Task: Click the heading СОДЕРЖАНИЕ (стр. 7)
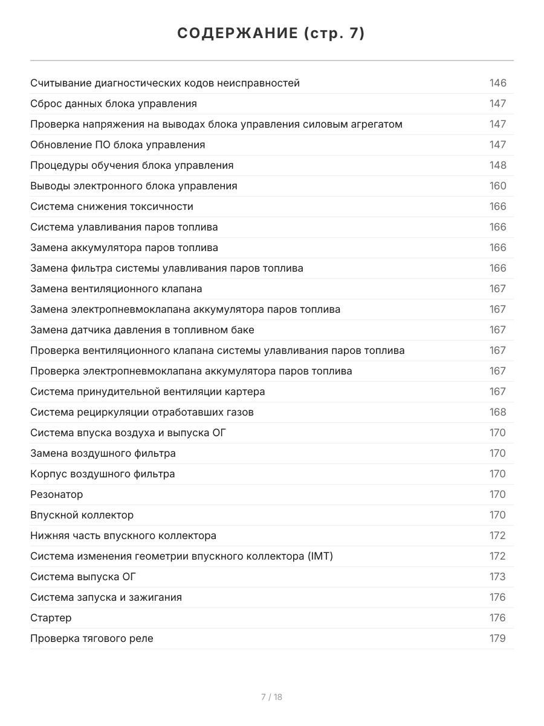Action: pos(271,34)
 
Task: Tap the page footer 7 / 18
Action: pos(271,697)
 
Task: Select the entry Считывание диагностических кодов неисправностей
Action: pos(165,83)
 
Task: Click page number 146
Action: pos(497,83)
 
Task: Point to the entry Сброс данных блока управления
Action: pos(114,103)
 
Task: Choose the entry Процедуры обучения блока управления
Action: pos(132,165)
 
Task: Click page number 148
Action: pos(497,165)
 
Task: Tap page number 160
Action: pos(497,186)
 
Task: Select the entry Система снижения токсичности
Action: pos(112,206)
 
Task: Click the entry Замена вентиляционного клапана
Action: pos(116,289)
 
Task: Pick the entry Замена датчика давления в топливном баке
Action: pos(142,330)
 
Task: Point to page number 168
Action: pos(497,412)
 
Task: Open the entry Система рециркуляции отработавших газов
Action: pos(142,412)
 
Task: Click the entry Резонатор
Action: pos(57,494)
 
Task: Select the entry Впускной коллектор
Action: pos(82,515)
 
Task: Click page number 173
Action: pos(497,577)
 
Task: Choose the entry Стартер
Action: pos(51,618)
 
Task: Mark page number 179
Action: pos(497,638)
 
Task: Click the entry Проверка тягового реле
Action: pos(92,638)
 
